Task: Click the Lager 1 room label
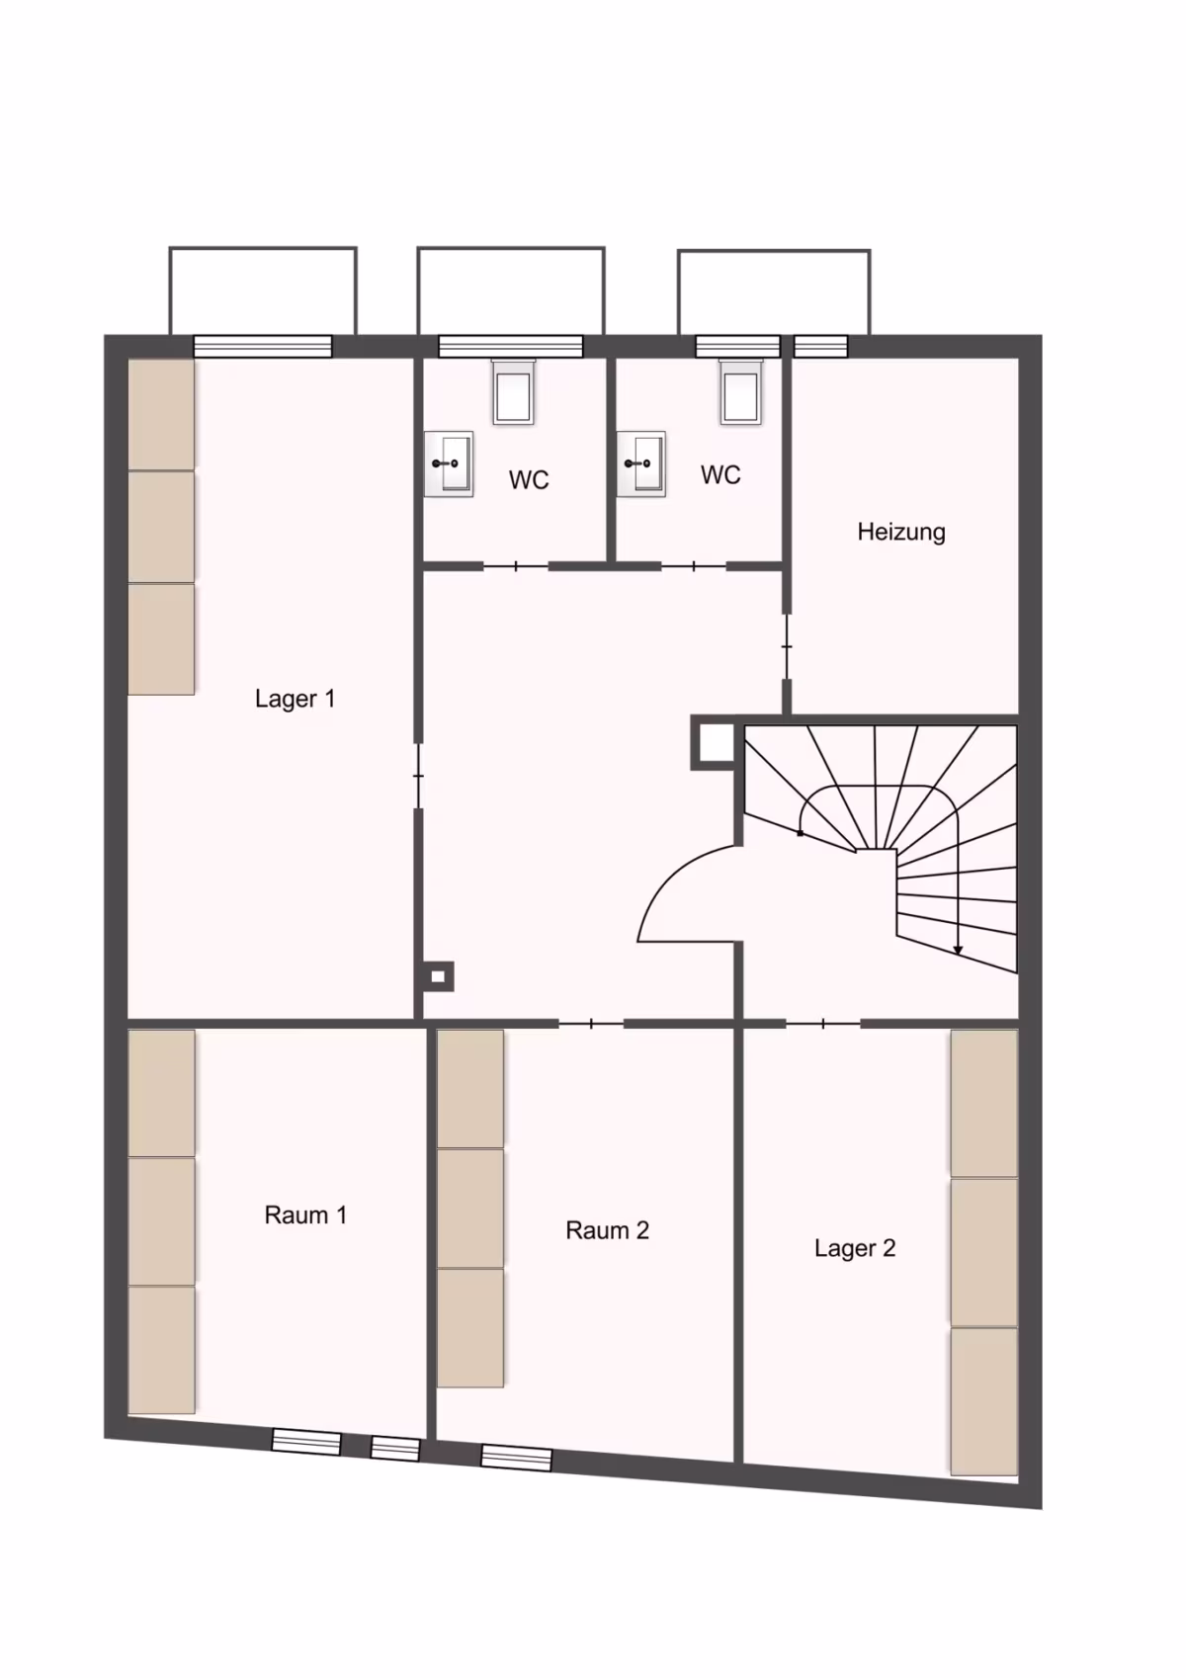click(x=295, y=699)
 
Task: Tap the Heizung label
click(x=900, y=532)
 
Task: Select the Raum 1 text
click(x=305, y=1215)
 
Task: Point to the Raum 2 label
click(x=607, y=1230)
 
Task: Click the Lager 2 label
click(x=855, y=1248)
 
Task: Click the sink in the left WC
click(x=449, y=463)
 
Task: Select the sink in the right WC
click(x=641, y=463)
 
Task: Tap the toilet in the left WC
click(x=513, y=391)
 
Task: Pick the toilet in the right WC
click(x=740, y=391)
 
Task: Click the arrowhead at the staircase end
click(x=958, y=950)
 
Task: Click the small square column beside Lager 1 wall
click(x=438, y=976)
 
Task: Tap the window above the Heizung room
click(x=820, y=346)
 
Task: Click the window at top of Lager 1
click(x=262, y=346)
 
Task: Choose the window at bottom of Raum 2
click(x=516, y=1458)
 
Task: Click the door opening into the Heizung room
click(x=787, y=646)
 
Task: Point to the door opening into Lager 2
click(x=823, y=1023)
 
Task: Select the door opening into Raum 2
click(x=591, y=1023)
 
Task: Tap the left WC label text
click(x=529, y=480)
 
